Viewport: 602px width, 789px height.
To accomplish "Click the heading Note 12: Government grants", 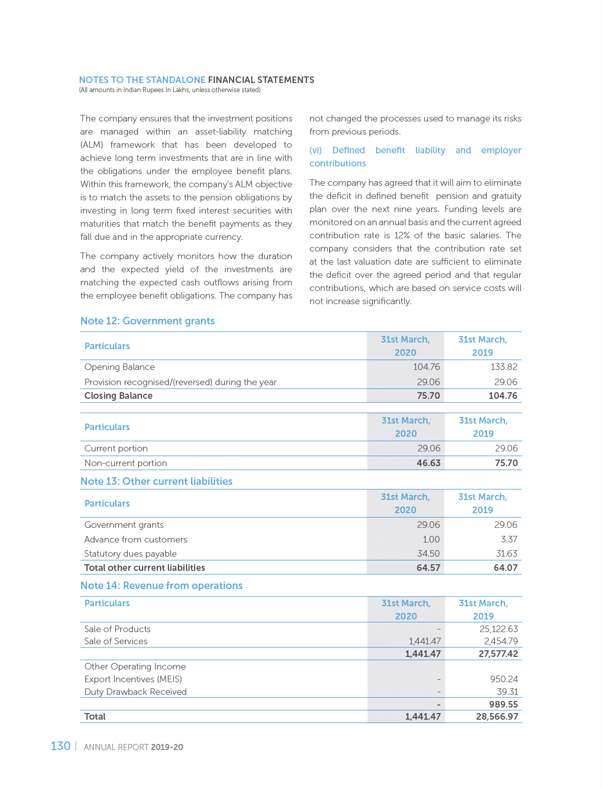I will (147, 321).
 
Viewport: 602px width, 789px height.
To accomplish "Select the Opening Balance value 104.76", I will (426, 367).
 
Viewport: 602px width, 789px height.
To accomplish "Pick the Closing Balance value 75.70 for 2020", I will (428, 396).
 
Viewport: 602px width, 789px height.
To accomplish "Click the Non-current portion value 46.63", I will (428, 463).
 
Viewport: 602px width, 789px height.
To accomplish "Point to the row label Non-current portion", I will (125, 463).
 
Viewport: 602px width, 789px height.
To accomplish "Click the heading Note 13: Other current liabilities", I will (156, 481).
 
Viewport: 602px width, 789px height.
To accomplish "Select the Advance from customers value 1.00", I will (431, 539).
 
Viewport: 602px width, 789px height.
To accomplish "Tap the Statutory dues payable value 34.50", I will (428, 554).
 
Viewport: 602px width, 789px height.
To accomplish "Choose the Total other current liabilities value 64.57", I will (428, 568).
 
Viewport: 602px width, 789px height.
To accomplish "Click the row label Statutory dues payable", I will (130, 554).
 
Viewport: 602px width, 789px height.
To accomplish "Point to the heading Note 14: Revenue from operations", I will (161, 586).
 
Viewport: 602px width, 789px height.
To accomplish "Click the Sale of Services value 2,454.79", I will (500, 641).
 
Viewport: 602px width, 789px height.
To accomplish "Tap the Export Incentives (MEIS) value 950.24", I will (503, 679).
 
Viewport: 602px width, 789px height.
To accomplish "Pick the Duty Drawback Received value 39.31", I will (507, 692).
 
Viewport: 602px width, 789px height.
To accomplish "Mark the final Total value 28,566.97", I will (497, 717).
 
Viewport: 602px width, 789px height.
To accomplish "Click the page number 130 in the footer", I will (60, 746).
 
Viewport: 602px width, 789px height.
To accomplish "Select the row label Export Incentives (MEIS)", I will (133, 679).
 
